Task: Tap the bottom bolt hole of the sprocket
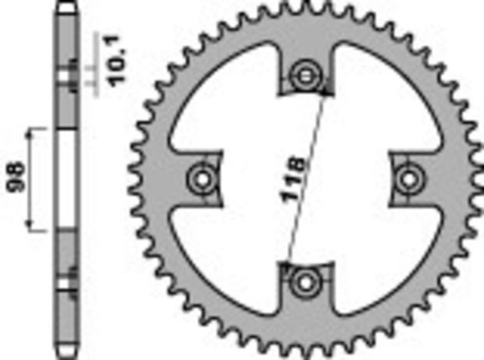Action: click(x=305, y=281)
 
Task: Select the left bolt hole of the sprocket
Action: click(x=201, y=177)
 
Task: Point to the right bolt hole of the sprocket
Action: click(x=408, y=177)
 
